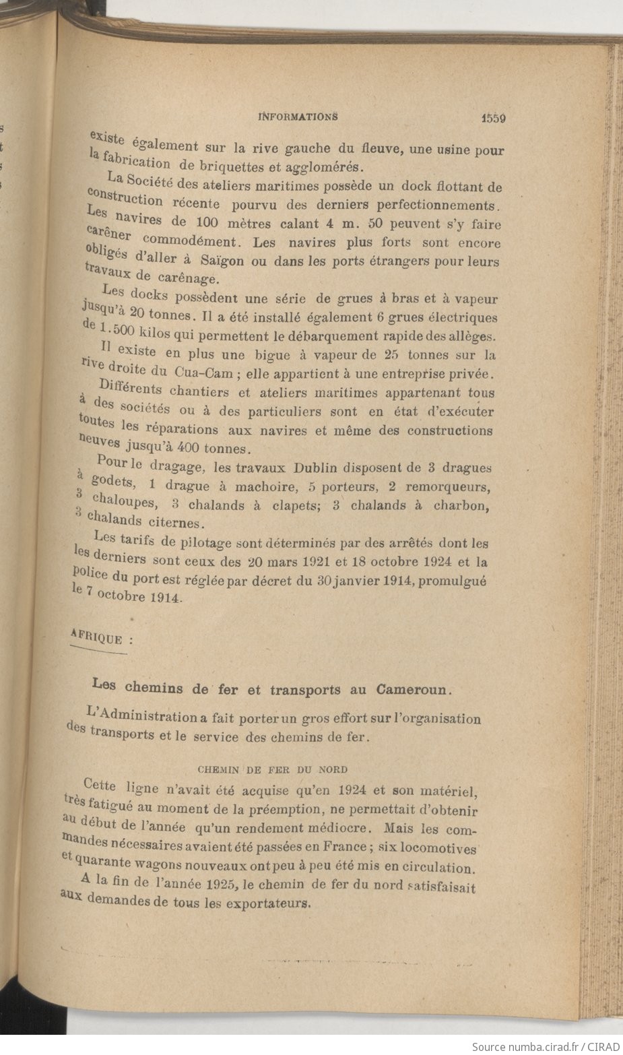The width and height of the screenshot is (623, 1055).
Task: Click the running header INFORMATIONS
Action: [x=298, y=116]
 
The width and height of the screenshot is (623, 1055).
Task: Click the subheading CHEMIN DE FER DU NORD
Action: [x=273, y=769]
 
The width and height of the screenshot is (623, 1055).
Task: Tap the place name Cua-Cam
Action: [x=201, y=373]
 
